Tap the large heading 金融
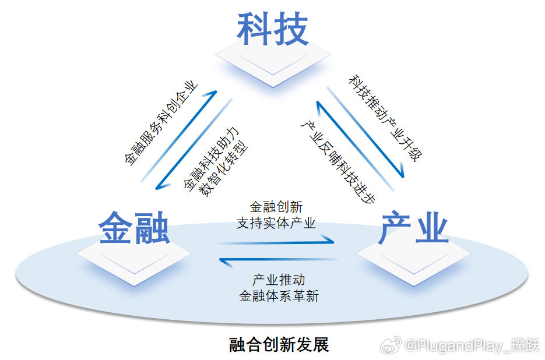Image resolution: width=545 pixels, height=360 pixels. coord(134,228)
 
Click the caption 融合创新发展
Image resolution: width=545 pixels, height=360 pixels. coord(279,345)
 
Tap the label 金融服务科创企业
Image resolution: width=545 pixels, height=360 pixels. coord(161,123)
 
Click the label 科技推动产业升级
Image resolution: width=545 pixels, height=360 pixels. coord(385,118)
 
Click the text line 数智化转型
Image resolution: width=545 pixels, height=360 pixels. coord(223,168)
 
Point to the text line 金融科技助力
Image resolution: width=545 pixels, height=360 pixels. coord(211,159)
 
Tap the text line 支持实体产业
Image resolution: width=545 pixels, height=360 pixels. coord(276,223)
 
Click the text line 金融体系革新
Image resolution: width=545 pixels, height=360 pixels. coord(279,296)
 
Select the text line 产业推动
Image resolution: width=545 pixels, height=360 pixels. coord(279,280)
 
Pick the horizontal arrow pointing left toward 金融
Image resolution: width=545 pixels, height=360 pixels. coord(278,260)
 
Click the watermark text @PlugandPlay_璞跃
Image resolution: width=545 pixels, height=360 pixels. coord(472,345)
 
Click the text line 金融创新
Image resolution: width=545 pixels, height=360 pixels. coord(276,207)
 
